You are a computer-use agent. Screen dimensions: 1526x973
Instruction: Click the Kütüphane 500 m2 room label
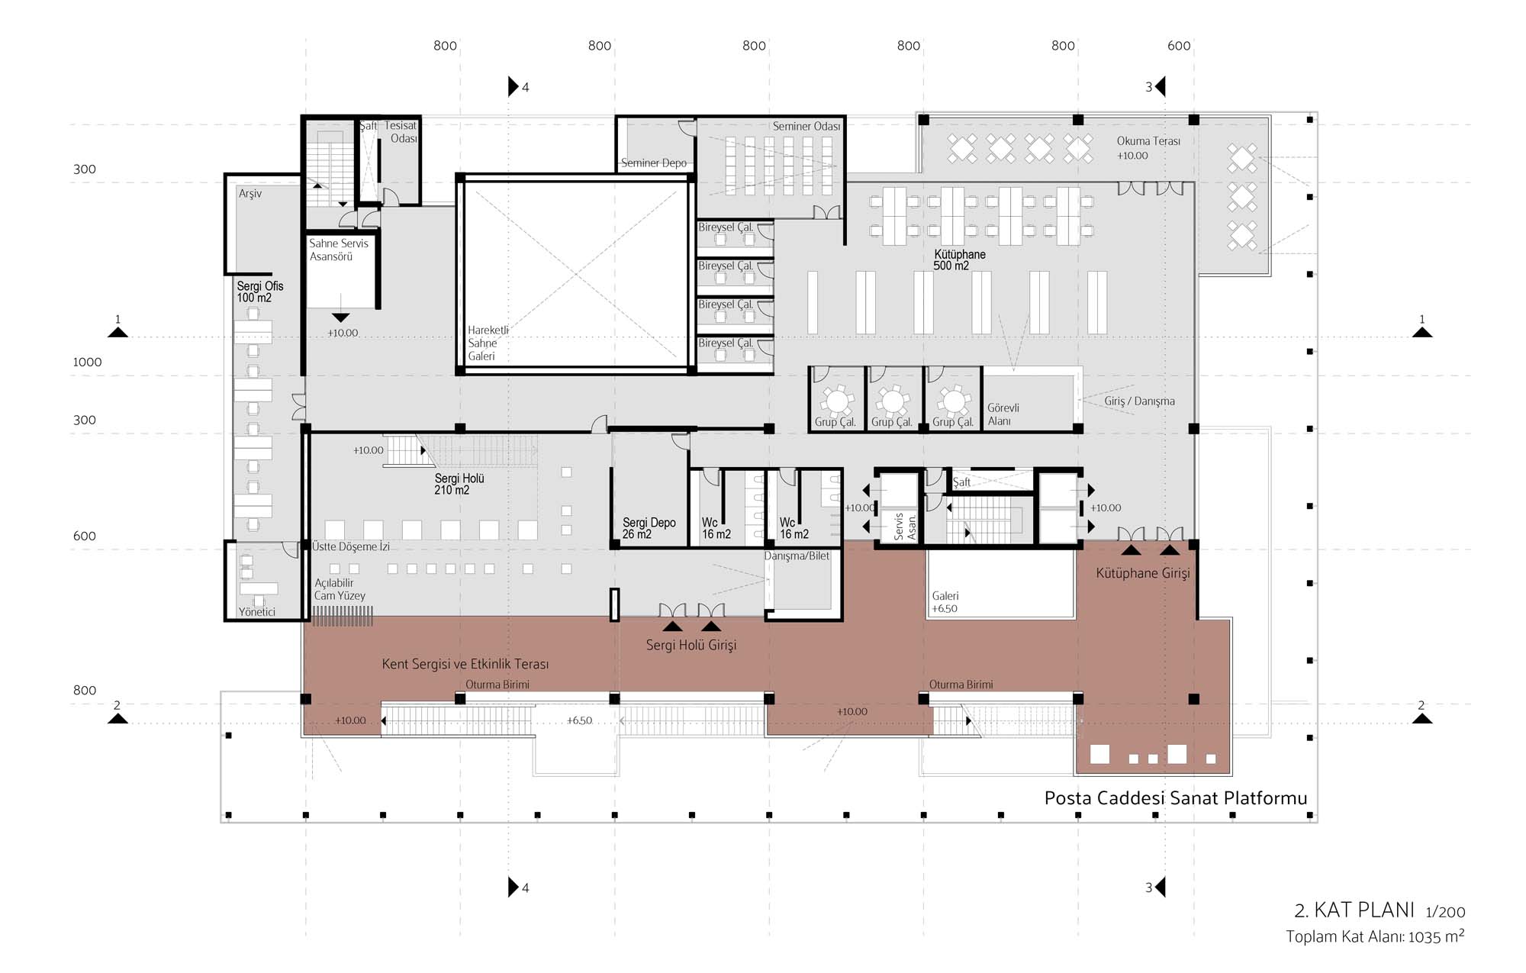(x=960, y=259)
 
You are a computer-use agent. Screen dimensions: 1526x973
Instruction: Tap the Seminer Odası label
(x=806, y=126)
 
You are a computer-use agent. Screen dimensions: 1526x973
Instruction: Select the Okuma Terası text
(x=1148, y=141)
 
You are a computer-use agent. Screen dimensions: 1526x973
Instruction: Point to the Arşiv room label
(x=250, y=194)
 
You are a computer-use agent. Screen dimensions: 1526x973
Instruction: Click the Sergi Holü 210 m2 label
(x=459, y=484)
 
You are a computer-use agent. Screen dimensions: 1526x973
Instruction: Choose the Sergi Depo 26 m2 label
(x=649, y=528)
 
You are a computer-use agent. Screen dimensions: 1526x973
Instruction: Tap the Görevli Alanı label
(x=1003, y=414)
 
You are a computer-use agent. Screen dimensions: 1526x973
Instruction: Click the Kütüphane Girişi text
(x=1142, y=573)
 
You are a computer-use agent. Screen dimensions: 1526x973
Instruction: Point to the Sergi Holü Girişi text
(x=691, y=646)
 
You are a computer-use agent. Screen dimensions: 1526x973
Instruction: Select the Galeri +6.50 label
(x=945, y=602)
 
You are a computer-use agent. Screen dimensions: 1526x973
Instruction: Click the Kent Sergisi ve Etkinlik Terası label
(x=465, y=664)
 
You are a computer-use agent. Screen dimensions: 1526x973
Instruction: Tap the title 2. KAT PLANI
(x=1354, y=910)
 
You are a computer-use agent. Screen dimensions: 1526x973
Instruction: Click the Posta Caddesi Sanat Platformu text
(x=1176, y=798)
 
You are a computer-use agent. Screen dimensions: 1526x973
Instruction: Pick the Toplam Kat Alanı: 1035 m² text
(x=1375, y=936)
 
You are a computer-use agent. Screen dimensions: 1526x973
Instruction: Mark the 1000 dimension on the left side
(x=87, y=362)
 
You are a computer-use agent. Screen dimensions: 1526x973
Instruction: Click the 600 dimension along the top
(x=1179, y=46)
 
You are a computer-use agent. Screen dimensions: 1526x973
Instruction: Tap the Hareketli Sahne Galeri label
(x=488, y=343)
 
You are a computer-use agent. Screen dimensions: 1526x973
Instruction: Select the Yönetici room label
(x=256, y=612)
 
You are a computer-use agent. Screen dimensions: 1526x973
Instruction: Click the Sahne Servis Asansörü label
(x=339, y=250)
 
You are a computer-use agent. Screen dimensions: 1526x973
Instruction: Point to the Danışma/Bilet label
(x=797, y=556)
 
